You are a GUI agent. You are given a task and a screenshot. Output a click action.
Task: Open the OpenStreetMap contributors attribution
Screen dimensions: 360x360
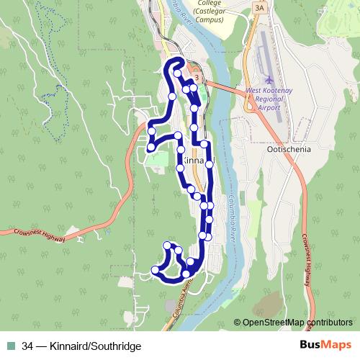pyautogui.click(x=297, y=322)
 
